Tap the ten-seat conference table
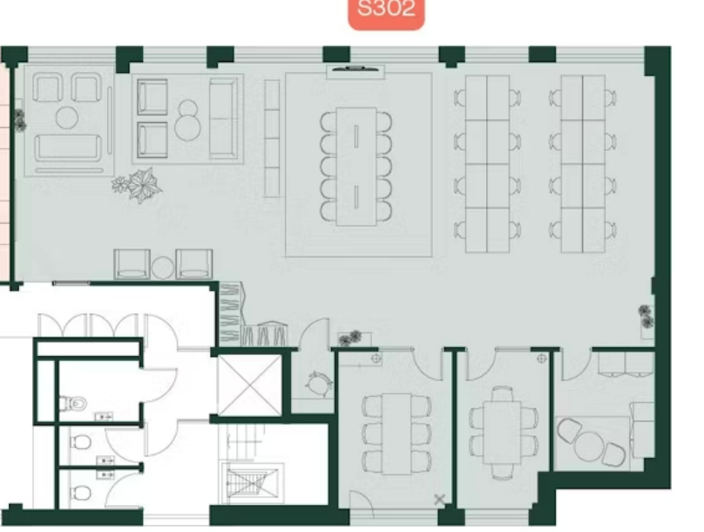point(356,167)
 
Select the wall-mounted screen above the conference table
point(355,69)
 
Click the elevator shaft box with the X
point(250,385)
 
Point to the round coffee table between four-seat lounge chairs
point(67,117)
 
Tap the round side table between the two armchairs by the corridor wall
point(163,268)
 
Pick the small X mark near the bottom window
point(439,499)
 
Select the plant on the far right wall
point(646,316)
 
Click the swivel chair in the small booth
point(318,383)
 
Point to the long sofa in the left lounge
point(68,147)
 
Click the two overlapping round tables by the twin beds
point(187,120)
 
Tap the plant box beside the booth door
point(355,338)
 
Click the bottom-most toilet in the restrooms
point(80,493)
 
